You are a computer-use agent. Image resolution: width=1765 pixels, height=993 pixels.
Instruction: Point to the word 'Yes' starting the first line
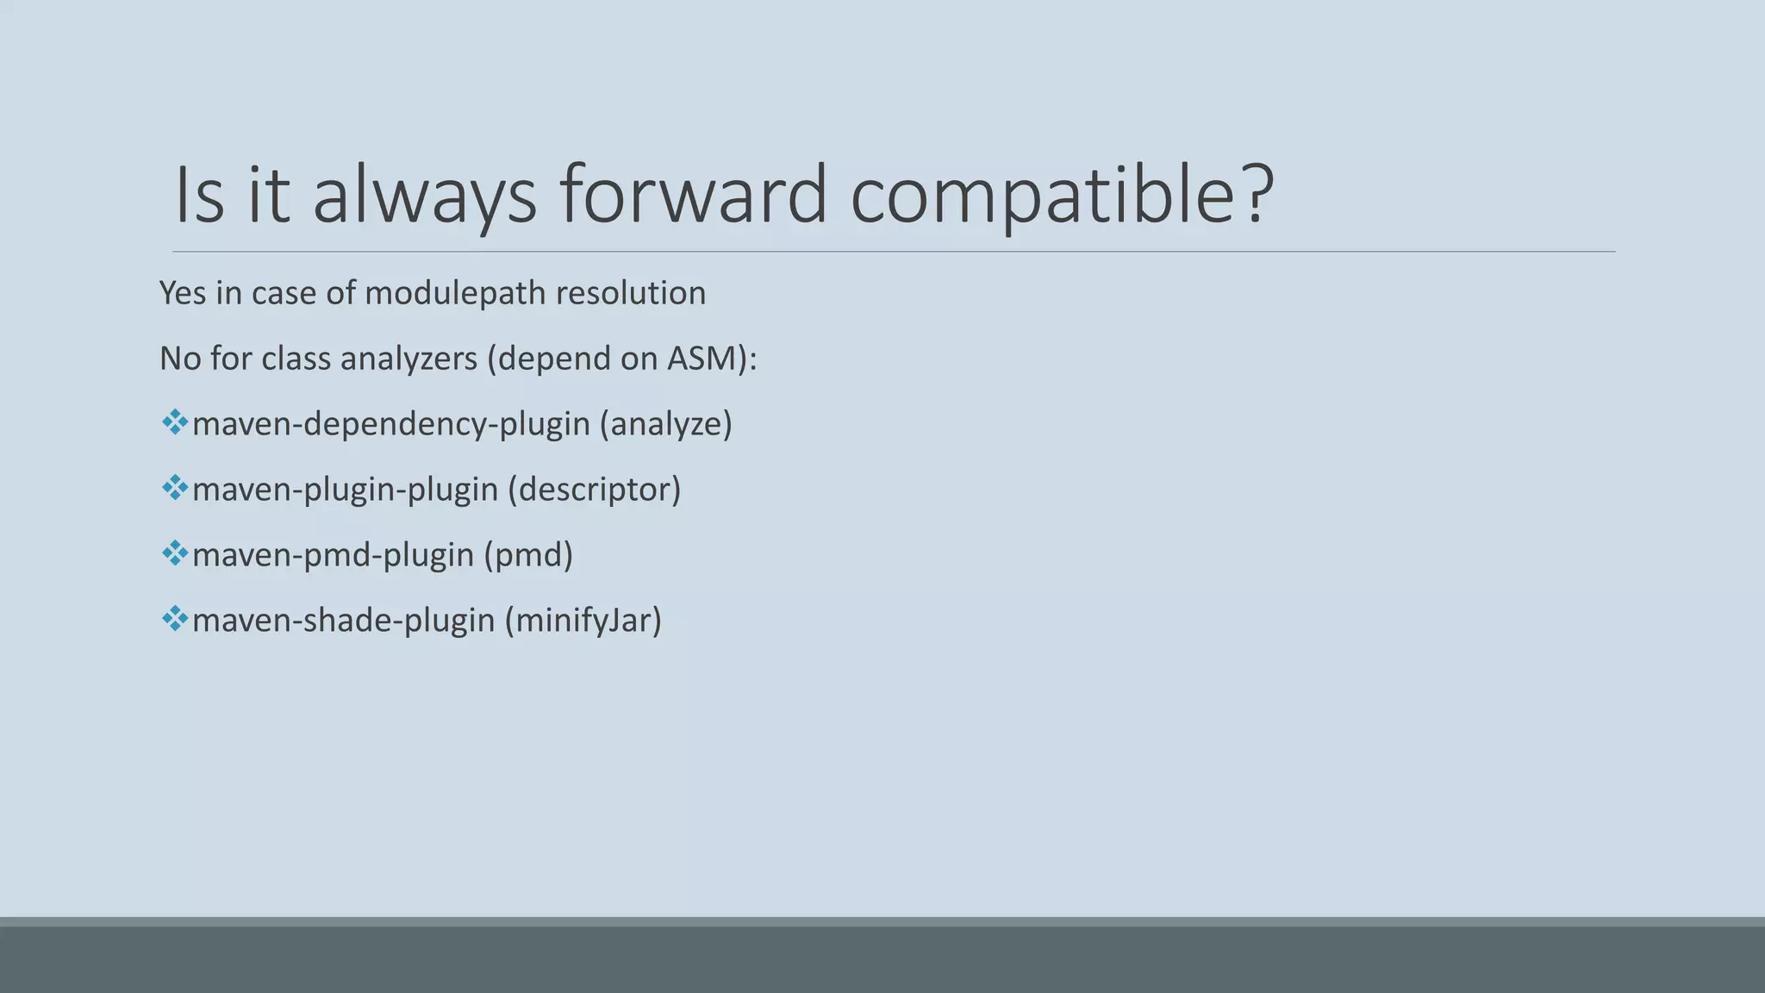tap(183, 293)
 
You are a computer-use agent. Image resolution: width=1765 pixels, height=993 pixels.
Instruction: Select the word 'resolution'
tap(631, 293)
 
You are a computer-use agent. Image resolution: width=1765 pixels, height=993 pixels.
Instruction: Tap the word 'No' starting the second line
tap(180, 359)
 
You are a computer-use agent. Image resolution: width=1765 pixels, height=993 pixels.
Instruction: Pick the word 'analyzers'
tap(409, 359)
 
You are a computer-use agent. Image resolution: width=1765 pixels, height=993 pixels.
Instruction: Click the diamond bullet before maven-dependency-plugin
tap(175, 422)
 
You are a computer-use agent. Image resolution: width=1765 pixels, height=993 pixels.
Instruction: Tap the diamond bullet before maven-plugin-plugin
tap(175, 488)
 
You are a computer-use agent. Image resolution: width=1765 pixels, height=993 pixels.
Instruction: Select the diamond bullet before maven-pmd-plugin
tap(175, 553)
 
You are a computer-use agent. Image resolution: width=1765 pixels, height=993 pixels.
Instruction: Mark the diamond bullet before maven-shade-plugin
tap(175, 619)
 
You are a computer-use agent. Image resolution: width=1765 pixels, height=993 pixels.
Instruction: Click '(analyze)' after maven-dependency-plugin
tap(665, 424)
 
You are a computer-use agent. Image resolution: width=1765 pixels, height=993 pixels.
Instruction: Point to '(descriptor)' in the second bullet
tap(594, 490)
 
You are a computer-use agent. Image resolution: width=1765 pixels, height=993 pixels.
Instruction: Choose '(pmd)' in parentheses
tap(528, 555)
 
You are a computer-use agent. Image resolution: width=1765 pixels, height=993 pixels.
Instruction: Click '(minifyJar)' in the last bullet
tap(583, 621)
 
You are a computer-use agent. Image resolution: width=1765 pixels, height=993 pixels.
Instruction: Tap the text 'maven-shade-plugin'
tap(343, 621)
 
